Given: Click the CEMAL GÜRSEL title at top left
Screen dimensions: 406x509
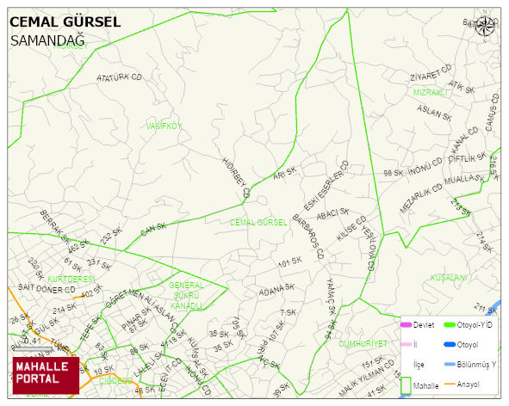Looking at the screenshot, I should coord(65,22).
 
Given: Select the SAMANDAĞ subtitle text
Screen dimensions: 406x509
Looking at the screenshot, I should coord(47,40).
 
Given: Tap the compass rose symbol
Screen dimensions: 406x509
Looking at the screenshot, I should coord(487,26).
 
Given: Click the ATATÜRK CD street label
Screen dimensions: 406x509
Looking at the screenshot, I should coord(119,77).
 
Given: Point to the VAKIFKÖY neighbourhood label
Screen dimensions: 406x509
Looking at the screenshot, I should coord(164,126).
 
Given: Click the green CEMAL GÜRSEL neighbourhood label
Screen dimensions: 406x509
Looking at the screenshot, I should coord(258,222).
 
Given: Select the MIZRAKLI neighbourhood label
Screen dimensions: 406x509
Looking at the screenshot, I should coord(431,92).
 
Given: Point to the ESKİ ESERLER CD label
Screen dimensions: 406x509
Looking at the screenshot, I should coord(326,185).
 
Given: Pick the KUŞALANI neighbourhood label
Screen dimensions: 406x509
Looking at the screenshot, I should coord(449,278).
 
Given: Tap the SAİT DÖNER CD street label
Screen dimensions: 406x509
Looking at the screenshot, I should coord(47,288).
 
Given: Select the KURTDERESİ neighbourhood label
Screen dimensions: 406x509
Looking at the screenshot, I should coord(71,280).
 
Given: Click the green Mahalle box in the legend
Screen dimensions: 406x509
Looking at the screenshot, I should coord(405,386).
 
